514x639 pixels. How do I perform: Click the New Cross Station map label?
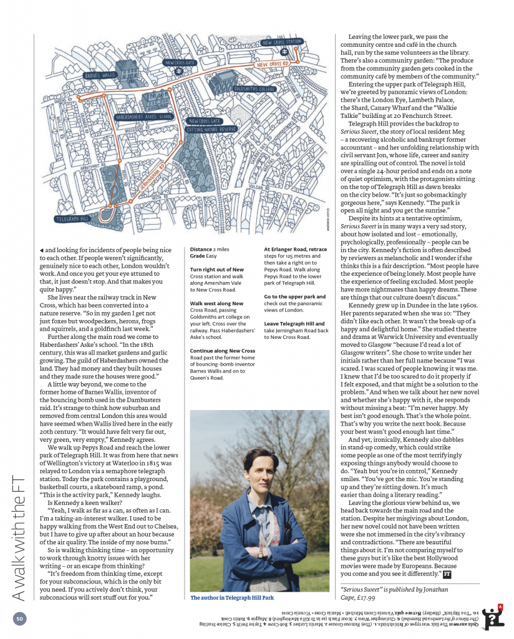pyautogui.click(x=283, y=42)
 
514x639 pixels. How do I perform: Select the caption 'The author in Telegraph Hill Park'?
pyautogui.click(x=233, y=597)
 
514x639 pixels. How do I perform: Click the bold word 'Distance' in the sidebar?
pyautogui.click(x=202, y=249)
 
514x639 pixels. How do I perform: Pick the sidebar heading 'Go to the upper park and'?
pyautogui.click(x=294, y=297)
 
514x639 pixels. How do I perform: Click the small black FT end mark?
pyautogui.click(x=447, y=573)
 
